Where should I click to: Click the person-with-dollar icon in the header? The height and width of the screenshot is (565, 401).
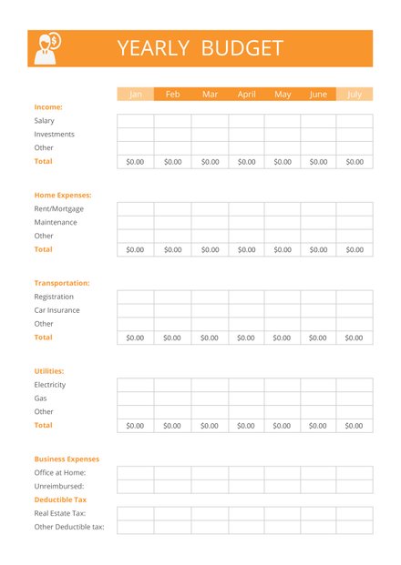click(46, 48)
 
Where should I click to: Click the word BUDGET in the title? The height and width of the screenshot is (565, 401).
click(242, 49)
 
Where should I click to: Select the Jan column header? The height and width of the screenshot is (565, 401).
click(136, 95)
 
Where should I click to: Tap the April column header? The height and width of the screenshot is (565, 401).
click(246, 95)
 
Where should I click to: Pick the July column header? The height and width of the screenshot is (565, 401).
click(355, 95)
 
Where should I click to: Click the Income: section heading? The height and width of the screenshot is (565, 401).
click(48, 107)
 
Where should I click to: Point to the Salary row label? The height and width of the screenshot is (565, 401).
click(45, 121)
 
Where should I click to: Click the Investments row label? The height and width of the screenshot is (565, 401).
click(55, 135)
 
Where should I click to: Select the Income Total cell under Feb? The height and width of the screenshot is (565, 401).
click(172, 162)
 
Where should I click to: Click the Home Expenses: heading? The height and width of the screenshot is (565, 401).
click(63, 196)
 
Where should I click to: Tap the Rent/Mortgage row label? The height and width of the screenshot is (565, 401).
click(59, 209)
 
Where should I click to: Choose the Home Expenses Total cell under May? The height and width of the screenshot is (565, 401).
click(283, 249)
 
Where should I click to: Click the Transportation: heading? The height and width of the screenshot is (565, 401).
click(62, 283)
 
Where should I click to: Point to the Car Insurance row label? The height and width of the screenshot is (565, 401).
click(57, 310)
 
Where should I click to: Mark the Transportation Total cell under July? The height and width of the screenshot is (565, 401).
click(355, 338)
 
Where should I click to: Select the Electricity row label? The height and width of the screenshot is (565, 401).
click(50, 385)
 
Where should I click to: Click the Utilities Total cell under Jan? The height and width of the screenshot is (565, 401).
click(135, 426)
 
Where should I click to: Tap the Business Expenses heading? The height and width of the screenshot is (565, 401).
click(67, 459)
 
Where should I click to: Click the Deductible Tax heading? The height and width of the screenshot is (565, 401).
click(60, 500)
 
